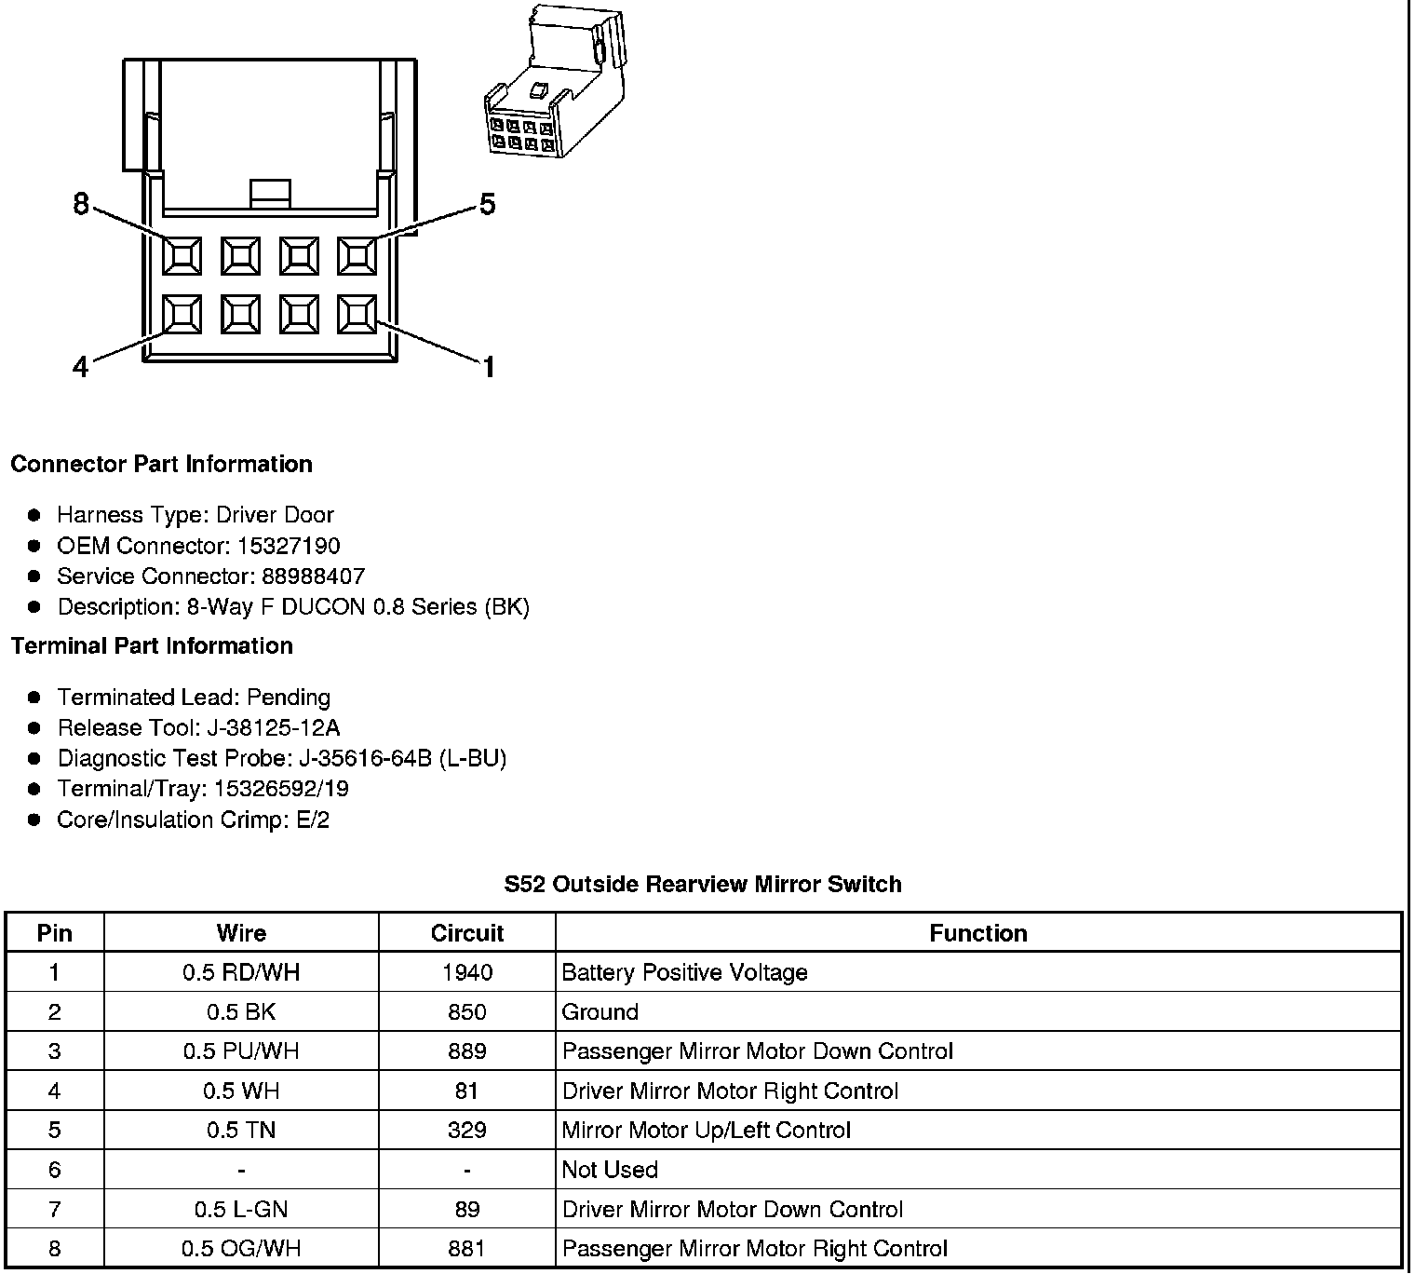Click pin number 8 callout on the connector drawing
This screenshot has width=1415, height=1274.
point(81,203)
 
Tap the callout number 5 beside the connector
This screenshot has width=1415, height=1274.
point(487,204)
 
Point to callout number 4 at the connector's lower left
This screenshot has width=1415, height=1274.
point(81,368)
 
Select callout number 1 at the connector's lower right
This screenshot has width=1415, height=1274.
point(488,368)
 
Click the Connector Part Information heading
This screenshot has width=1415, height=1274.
point(161,464)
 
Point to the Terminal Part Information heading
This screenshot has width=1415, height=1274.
point(152,645)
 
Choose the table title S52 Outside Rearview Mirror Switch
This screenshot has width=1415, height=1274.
point(703,884)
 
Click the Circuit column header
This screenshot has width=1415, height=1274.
point(466,933)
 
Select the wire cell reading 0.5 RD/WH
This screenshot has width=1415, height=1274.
point(241,972)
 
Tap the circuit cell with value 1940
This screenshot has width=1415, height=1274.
point(466,972)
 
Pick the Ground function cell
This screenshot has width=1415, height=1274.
point(600,1011)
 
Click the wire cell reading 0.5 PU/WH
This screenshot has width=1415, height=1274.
point(241,1051)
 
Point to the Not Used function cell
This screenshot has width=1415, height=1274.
point(610,1170)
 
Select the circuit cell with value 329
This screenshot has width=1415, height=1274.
point(466,1130)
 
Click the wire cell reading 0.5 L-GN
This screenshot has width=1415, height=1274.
point(241,1209)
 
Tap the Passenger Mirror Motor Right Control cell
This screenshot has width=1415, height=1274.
point(755,1249)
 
